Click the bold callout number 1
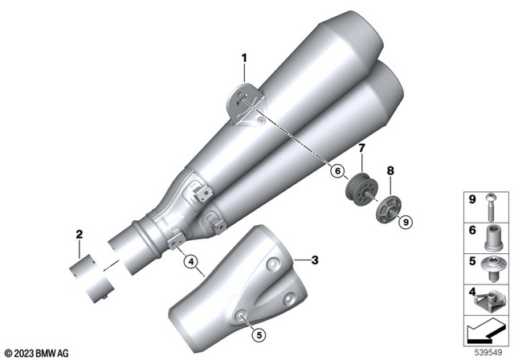tap(246, 57)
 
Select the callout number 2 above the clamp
tap(79, 235)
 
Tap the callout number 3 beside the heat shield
tap(315, 260)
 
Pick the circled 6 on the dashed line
tap(337, 170)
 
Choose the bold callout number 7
tap(361, 148)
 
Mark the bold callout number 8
tap(392, 170)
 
